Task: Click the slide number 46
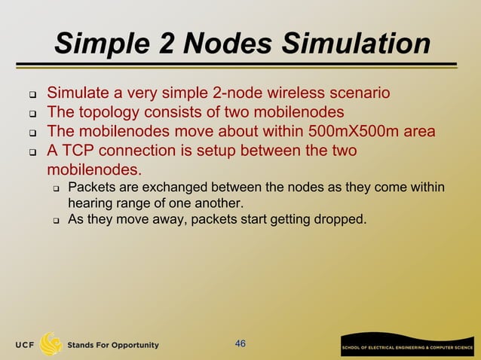[x=240, y=344]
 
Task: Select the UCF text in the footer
[x=23, y=345]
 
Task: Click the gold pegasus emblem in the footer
[x=51, y=343]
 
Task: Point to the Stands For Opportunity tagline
[x=113, y=345]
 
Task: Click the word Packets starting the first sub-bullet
[x=90, y=187]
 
